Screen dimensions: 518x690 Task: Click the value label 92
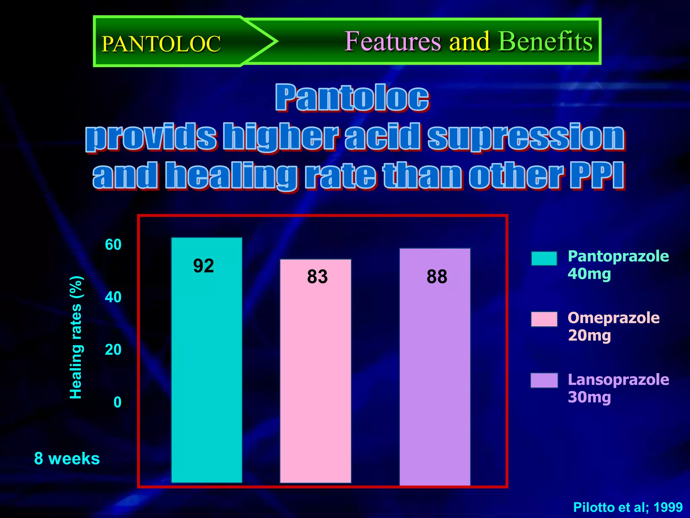(203, 266)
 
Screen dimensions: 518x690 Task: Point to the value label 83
(317, 277)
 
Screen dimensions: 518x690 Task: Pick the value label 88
(437, 277)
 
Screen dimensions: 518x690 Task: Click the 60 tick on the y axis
(113, 244)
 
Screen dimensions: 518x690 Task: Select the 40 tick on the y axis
(113, 297)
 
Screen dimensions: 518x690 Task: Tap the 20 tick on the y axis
(113, 350)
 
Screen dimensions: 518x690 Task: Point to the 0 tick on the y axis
(117, 402)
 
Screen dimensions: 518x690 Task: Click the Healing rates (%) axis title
(76, 337)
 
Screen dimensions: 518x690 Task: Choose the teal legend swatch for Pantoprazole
(544, 259)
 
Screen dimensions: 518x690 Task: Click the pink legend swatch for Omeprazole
(544, 319)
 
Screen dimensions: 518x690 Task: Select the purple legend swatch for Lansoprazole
(544, 380)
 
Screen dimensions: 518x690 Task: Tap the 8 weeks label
(67, 459)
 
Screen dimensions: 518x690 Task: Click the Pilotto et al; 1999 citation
(628, 507)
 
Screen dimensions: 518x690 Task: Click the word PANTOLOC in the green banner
(161, 44)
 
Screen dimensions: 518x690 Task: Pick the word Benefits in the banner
(545, 41)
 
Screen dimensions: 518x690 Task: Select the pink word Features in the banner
(393, 41)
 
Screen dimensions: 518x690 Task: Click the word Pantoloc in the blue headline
(352, 98)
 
